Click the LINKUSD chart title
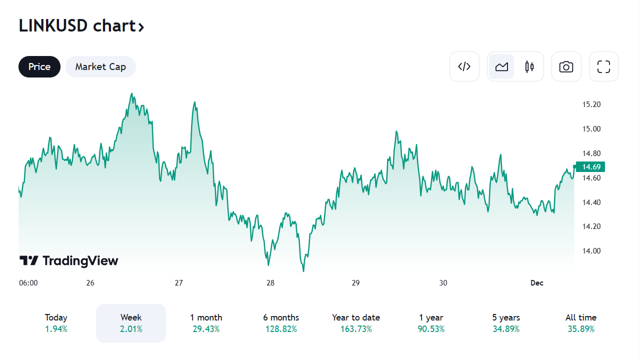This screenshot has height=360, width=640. click(81, 26)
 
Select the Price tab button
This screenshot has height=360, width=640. click(39, 66)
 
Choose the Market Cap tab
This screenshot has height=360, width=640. click(100, 66)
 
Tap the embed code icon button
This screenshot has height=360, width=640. click(464, 66)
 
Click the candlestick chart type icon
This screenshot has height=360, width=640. click(529, 66)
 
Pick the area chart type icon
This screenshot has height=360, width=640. click(501, 66)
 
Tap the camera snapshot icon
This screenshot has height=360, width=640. click(566, 66)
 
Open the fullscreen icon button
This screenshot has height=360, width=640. click(603, 66)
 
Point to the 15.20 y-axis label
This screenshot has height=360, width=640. click(591, 104)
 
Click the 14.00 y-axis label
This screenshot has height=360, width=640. click(591, 251)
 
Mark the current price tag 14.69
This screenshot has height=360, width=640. click(590, 166)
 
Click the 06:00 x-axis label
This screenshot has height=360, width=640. click(28, 283)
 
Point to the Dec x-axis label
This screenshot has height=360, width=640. click(536, 283)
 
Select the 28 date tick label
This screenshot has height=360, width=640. click(270, 283)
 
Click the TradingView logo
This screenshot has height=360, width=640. click(69, 260)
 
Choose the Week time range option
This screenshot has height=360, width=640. click(131, 322)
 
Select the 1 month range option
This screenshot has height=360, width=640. click(206, 322)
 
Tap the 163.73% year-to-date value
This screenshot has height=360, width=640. click(356, 329)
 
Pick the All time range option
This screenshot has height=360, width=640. click(581, 322)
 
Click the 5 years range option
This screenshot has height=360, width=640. click(506, 322)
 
